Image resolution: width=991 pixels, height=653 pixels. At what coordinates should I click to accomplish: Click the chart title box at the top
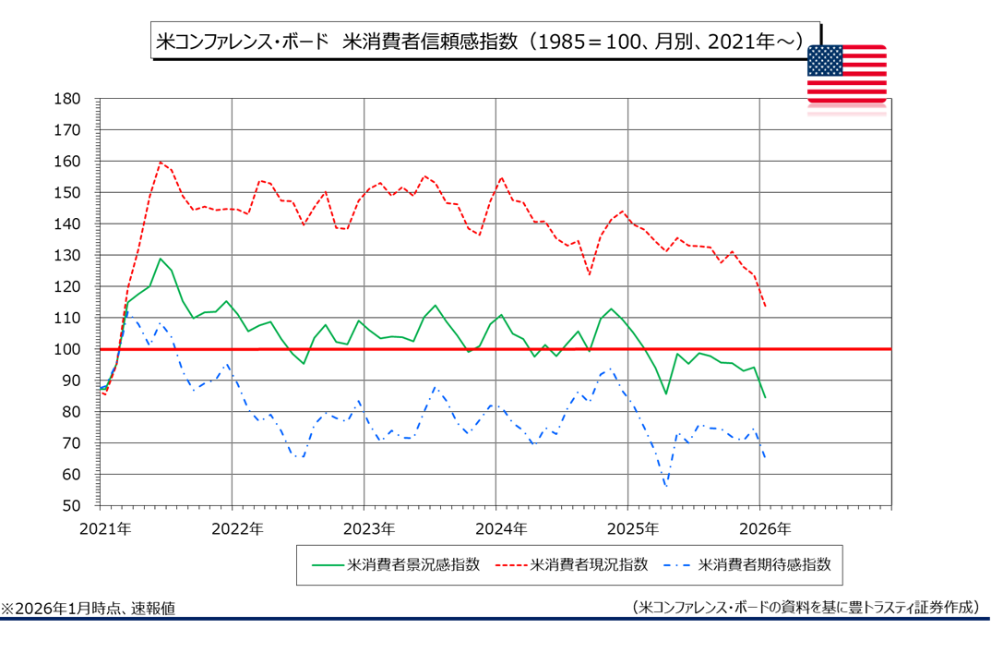point(484,42)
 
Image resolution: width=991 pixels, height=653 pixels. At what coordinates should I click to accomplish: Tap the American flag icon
point(846,75)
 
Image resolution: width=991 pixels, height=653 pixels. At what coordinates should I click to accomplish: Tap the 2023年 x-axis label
point(364,528)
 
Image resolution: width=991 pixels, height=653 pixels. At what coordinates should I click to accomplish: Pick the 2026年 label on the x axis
point(760,528)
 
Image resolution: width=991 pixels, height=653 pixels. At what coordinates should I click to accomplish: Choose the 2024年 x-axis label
point(496,528)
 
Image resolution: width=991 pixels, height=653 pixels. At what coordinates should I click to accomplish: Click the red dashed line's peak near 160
point(161,163)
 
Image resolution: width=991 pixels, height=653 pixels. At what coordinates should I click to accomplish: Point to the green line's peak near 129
point(161,259)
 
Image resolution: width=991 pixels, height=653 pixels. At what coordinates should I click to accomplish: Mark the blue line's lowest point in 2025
point(665,486)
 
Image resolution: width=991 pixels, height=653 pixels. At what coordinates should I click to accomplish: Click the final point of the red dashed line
point(765,306)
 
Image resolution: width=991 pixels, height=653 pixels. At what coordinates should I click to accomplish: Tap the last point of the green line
point(765,397)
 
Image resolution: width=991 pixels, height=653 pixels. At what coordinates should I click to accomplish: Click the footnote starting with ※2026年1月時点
point(89,608)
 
